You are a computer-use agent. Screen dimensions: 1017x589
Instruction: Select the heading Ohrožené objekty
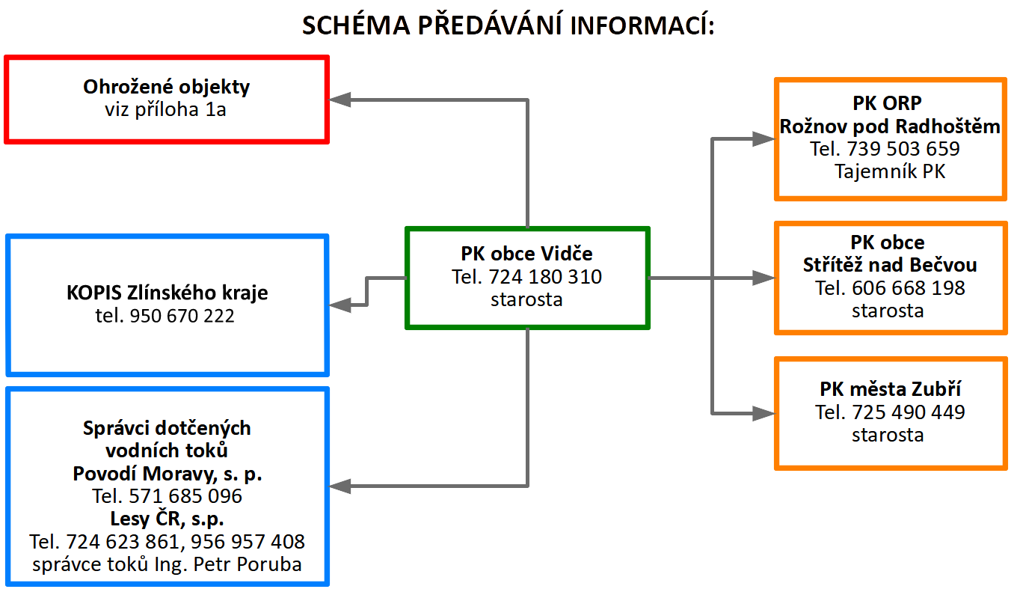pos(167,86)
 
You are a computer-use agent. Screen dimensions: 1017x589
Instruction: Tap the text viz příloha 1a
pos(166,109)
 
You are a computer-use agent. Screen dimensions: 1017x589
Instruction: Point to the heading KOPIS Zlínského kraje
pos(167,292)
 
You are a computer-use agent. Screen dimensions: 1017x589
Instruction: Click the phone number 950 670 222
pos(182,315)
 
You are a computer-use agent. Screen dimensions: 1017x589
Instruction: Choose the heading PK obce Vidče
pos(526,254)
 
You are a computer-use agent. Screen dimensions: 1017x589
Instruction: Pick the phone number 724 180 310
pos(545,277)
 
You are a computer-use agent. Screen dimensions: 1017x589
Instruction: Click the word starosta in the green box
pos(526,299)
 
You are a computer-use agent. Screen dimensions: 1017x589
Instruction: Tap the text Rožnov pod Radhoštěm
pos(890,126)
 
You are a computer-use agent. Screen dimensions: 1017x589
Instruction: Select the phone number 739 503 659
pos(903,149)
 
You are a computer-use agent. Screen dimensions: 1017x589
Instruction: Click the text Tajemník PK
pos(890,171)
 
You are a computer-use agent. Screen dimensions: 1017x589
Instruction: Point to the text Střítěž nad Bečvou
pos(890,264)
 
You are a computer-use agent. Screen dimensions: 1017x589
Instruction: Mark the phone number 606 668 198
pos(909,287)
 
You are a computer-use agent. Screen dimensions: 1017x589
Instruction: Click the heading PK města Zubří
pos(890,389)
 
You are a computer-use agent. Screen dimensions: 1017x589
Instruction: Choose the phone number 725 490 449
pos(909,412)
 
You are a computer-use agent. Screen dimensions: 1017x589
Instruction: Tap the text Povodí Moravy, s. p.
pos(168,474)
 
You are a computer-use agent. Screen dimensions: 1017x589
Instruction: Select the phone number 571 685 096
pos(185,496)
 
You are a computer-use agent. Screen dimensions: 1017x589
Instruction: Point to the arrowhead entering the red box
pos(339,100)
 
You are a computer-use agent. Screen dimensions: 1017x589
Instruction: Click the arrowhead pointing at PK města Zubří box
pos(763,413)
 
